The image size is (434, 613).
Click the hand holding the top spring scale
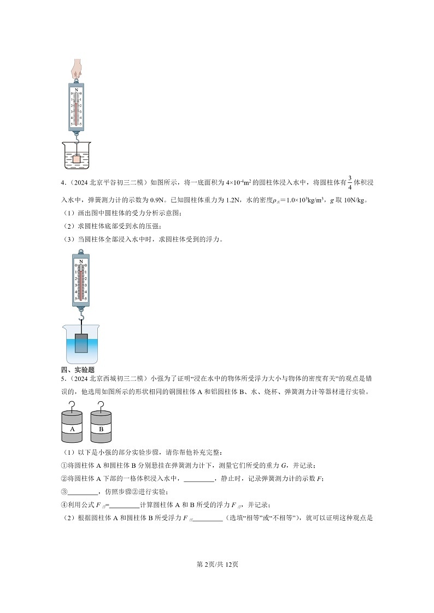pyautogui.click(x=77, y=68)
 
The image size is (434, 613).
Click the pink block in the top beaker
pyautogui.click(x=77, y=159)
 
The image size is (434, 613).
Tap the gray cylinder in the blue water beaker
pyautogui.click(x=81, y=344)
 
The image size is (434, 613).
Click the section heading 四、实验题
pyautogui.click(x=78, y=370)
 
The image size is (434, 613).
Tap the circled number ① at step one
pyautogui.click(x=63, y=466)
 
